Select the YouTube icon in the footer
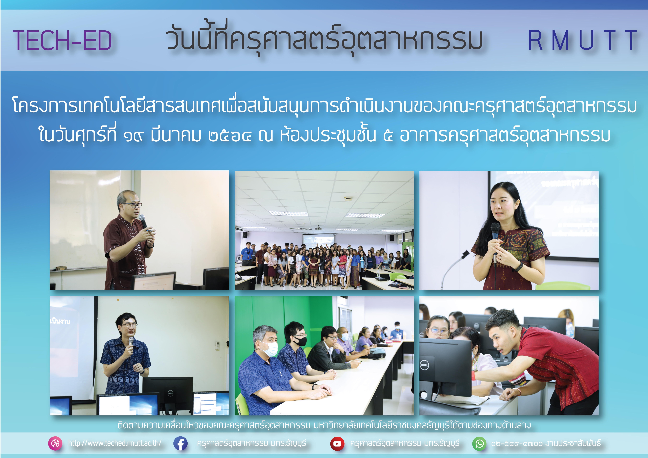coord(337,443)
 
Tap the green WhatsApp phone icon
coord(479,443)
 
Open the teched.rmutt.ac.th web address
coord(115,443)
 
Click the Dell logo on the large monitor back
coord(424,365)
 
